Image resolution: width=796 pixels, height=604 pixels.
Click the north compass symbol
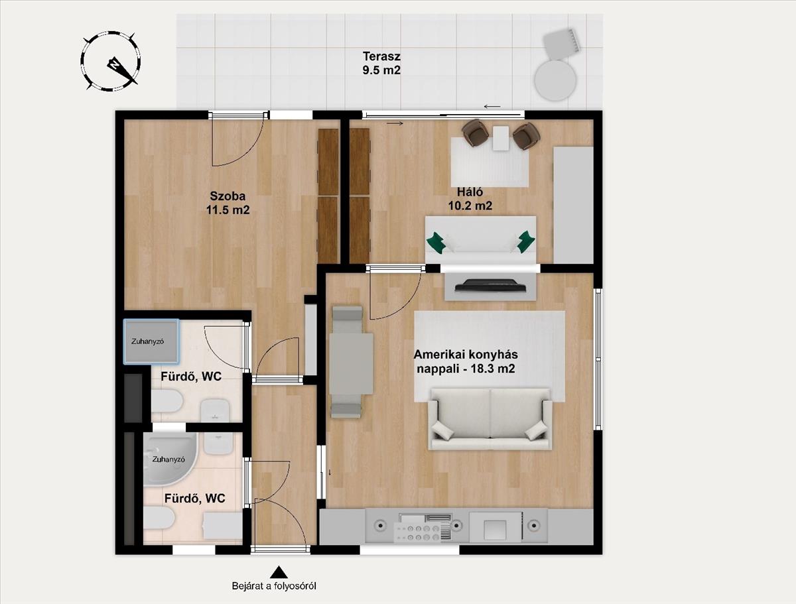click(111, 62)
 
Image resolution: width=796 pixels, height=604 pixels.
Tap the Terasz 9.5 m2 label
click(381, 63)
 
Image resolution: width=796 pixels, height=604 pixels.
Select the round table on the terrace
click(556, 80)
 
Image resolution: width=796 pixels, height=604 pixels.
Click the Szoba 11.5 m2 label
click(228, 203)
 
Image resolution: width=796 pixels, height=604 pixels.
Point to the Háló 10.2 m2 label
click(470, 198)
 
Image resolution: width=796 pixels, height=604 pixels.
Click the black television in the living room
click(491, 285)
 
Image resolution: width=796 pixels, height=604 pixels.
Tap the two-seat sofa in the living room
click(490, 419)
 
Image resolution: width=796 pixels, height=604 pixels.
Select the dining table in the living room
click(351, 363)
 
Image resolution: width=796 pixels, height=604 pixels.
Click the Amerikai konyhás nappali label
click(466, 361)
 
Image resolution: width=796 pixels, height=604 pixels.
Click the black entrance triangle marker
click(279, 572)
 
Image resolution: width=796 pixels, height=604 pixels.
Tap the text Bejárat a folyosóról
click(274, 586)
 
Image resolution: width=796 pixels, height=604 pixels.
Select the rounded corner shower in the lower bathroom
click(170, 459)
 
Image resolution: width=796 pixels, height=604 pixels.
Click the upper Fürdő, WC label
click(191, 377)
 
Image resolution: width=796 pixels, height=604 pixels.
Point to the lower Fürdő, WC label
click(195, 499)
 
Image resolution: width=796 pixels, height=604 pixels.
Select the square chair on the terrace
click(561, 44)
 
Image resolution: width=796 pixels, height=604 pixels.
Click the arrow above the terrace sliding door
click(492, 107)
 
